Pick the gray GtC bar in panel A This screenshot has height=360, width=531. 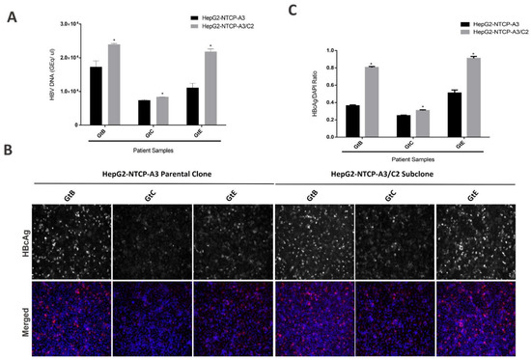point(161,110)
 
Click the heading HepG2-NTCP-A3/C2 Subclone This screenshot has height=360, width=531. point(400,185)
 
